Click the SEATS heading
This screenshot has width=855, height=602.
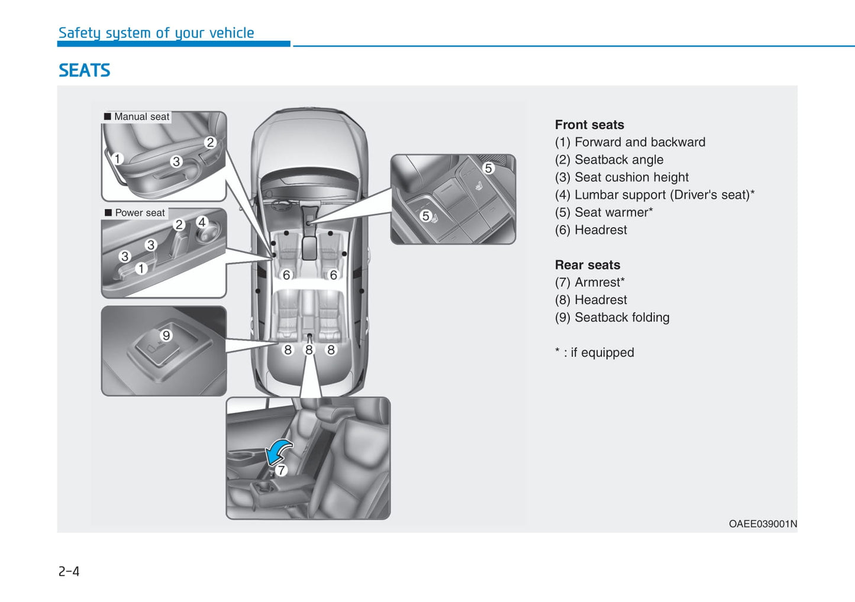pos(84,70)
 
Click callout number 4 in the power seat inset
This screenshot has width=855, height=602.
pos(202,222)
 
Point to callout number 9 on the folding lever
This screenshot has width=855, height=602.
pos(166,335)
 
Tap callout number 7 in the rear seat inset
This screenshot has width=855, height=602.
pos(281,470)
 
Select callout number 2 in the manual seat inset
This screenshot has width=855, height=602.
pos(210,142)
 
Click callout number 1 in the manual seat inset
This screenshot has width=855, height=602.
pos(118,158)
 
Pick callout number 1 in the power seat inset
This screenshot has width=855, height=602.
pos(141,268)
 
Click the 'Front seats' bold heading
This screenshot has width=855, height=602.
pos(589,125)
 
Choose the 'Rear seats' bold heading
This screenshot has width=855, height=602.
pos(588,265)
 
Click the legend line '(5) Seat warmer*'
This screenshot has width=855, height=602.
pos(604,212)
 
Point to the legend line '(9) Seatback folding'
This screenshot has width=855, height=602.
pos(612,318)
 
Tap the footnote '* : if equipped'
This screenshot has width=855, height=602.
pos(594,352)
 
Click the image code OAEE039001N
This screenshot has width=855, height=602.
pos(763,524)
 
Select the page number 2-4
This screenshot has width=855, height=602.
pos(69,571)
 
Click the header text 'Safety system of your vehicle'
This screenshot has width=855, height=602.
pos(156,33)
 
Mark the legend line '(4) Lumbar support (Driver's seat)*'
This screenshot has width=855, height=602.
pos(654,195)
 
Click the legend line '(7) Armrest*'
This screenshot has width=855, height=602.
pos(589,282)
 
